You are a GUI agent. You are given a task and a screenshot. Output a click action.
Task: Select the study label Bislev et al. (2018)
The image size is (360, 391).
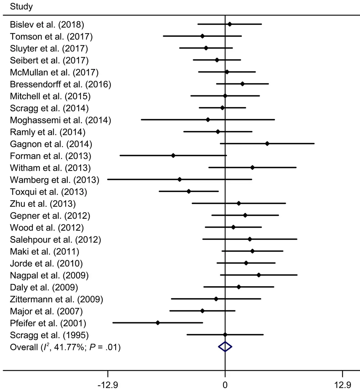[47, 25]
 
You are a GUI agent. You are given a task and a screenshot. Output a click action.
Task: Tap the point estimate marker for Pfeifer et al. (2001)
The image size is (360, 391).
[158, 323]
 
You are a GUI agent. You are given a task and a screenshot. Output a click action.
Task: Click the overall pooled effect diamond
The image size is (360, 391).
[225, 347]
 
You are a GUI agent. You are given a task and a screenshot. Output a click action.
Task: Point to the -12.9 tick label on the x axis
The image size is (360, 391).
[108, 384]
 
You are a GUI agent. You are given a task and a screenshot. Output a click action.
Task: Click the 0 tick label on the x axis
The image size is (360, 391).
[225, 384]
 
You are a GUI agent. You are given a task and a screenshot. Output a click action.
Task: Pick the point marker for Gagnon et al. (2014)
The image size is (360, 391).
[267, 144]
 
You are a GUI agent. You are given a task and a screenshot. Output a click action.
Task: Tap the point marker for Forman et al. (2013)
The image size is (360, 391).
[173, 155]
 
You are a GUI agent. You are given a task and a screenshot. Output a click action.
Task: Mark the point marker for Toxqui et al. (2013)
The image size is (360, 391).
[189, 191]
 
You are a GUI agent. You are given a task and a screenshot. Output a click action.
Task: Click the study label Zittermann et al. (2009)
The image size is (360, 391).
[57, 299]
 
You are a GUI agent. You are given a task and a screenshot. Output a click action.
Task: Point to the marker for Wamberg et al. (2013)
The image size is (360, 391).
[180, 179]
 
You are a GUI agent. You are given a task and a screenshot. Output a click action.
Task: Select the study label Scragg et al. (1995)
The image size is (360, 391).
[49, 335]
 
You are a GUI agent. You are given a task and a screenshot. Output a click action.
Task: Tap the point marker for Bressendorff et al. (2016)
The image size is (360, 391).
[242, 84]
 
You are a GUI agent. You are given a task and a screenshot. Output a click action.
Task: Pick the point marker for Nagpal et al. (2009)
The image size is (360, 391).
[259, 275]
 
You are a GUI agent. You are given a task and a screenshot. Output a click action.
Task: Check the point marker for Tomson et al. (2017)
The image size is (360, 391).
[202, 36]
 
